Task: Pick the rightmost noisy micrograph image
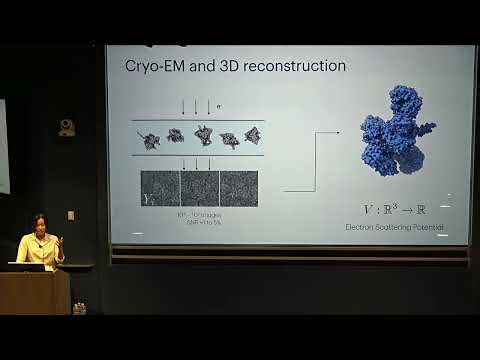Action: click(x=238, y=188)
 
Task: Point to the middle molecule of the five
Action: click(x=202, y=136)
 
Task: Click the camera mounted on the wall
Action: click(x=67, y=128)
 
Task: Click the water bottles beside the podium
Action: click(x=79, y=308)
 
